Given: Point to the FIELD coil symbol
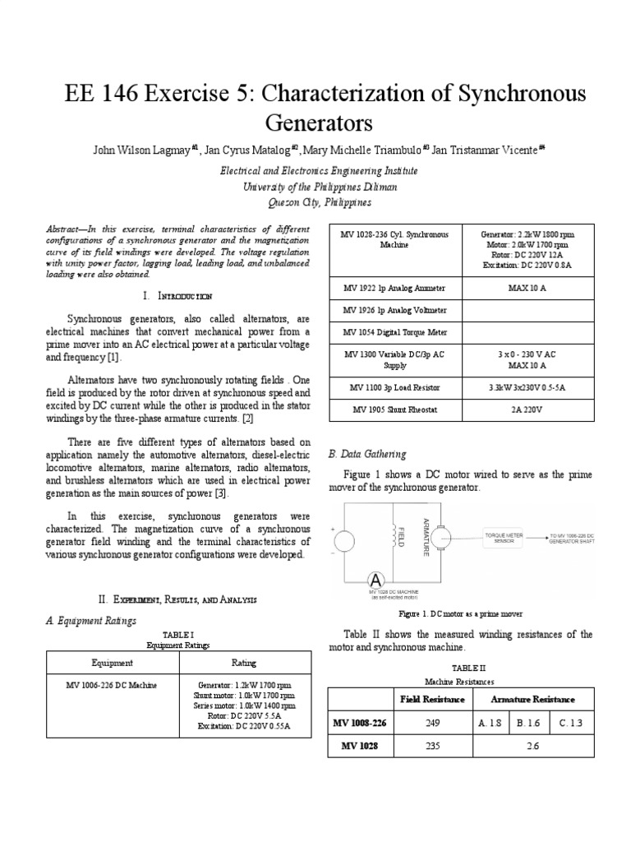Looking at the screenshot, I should [403, 535].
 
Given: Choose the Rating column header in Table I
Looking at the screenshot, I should [244, 662].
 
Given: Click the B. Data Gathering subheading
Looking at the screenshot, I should [367, 454].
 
